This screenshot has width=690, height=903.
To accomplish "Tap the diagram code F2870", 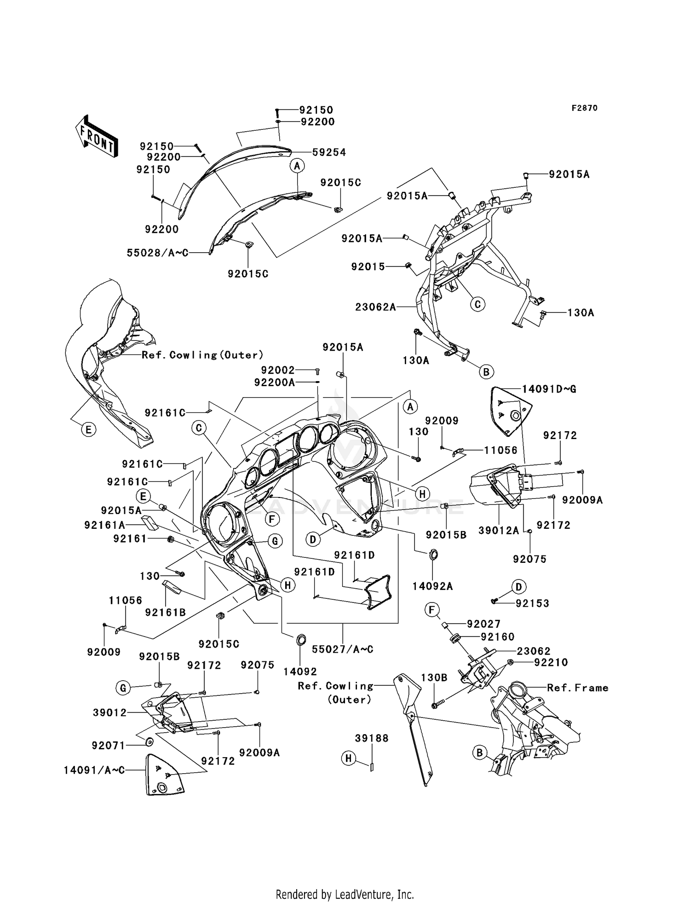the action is (585, 108).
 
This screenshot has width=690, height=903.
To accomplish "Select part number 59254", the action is (329, 152).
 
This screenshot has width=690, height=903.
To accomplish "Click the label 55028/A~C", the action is (158, 253).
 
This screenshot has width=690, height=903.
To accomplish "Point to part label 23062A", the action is (375, 307).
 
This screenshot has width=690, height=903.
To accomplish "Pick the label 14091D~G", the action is (549, 389).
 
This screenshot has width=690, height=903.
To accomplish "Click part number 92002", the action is (278, 370).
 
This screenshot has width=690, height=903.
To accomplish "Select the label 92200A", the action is (275, 382).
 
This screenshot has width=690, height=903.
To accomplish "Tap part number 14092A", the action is (432, 586).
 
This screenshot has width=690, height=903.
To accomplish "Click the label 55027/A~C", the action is (343, 649).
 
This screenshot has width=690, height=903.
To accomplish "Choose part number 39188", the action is (372, 738).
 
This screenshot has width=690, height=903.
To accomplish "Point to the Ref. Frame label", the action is (578, 688).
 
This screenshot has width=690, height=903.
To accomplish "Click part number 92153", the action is (532, 603).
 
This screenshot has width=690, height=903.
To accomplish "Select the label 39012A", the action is (499, 531).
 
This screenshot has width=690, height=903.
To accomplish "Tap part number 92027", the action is (484, 624).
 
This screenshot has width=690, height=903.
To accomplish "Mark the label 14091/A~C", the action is (94, 770).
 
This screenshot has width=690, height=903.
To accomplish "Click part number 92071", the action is (109, 746).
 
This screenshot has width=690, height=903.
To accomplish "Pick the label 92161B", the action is (166, 613).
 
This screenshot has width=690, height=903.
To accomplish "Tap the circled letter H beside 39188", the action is (348, 758).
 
